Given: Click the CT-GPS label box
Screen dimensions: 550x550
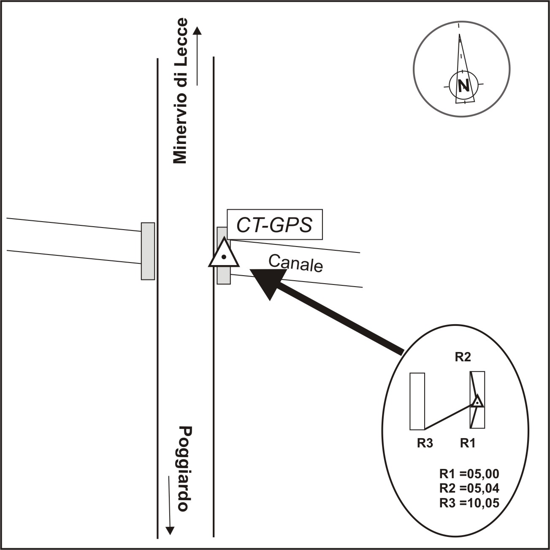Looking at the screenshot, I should point(274,225).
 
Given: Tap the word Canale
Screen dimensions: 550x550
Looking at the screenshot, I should point(295,263).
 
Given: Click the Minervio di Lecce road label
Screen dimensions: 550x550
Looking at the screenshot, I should point(180,91).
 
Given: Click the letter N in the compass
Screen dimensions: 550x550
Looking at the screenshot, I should point(464,85).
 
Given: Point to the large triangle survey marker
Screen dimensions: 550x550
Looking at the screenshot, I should point(224,254).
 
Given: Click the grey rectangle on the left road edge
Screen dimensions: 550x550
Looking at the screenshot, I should point(148,251).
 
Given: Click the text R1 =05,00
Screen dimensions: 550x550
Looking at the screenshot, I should point(469,473).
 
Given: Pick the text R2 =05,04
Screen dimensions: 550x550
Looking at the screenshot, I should point(469,488).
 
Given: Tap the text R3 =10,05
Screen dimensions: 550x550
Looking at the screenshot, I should point(469,503).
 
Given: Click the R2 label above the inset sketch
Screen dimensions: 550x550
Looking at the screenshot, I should point(462,357).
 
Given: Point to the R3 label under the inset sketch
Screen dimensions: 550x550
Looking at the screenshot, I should point(425,443).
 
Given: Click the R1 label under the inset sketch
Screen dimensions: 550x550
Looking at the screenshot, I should point(468,443).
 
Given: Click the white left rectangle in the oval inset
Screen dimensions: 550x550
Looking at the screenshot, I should point(417,401).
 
